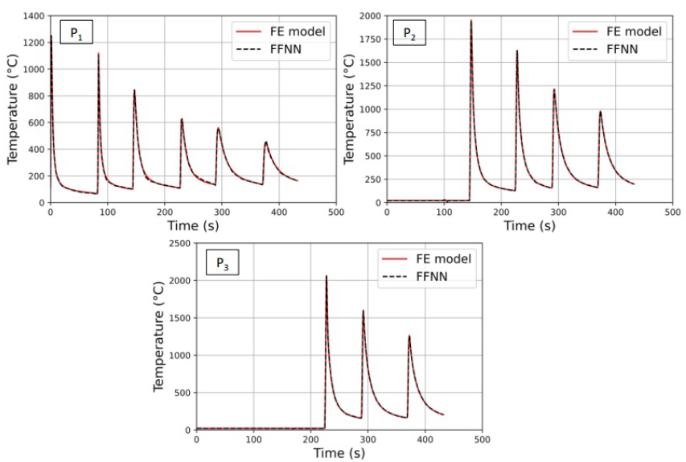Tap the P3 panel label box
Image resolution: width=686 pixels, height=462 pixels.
coord(222,262)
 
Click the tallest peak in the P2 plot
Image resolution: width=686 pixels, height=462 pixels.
coord(471,21)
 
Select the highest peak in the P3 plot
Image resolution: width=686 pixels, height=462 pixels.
coord(327,276)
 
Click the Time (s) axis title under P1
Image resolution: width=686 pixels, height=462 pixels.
coord(193,225)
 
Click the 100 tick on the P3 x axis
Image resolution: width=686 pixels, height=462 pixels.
coord(254,439)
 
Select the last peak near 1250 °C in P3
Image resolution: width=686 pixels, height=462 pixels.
coord(409,336)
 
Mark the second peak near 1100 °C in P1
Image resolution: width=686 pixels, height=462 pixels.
coord(99,54)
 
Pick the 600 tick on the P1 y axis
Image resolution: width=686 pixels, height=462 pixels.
coord(35,122)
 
